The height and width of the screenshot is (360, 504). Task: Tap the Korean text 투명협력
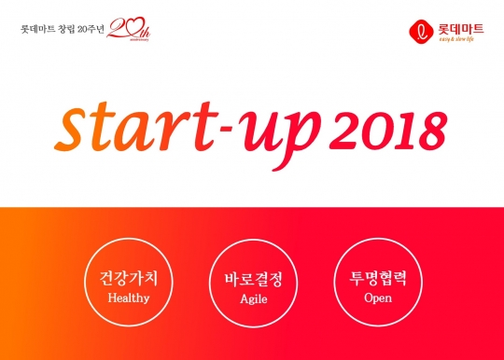[378, 279]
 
